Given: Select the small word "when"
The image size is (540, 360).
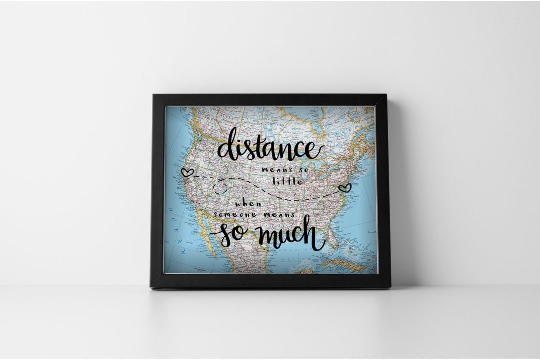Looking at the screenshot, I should coord(248,204).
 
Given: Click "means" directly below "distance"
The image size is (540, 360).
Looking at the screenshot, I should coord(274,170).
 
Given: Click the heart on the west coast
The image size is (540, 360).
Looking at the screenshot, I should coord(187,172).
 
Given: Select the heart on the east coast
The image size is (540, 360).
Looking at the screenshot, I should coord(344,188).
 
